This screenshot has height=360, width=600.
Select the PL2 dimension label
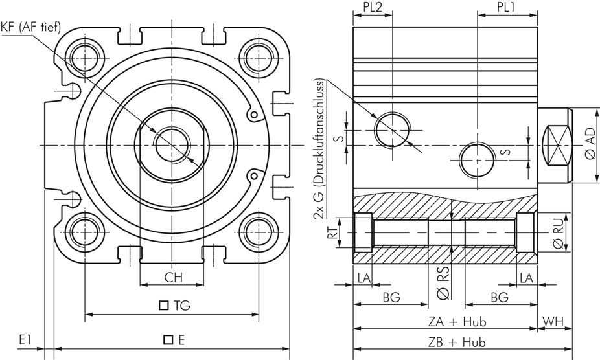pos(372,8)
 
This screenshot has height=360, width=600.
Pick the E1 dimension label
pos(26,339)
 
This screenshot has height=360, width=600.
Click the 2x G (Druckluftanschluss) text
pos(319,150)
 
